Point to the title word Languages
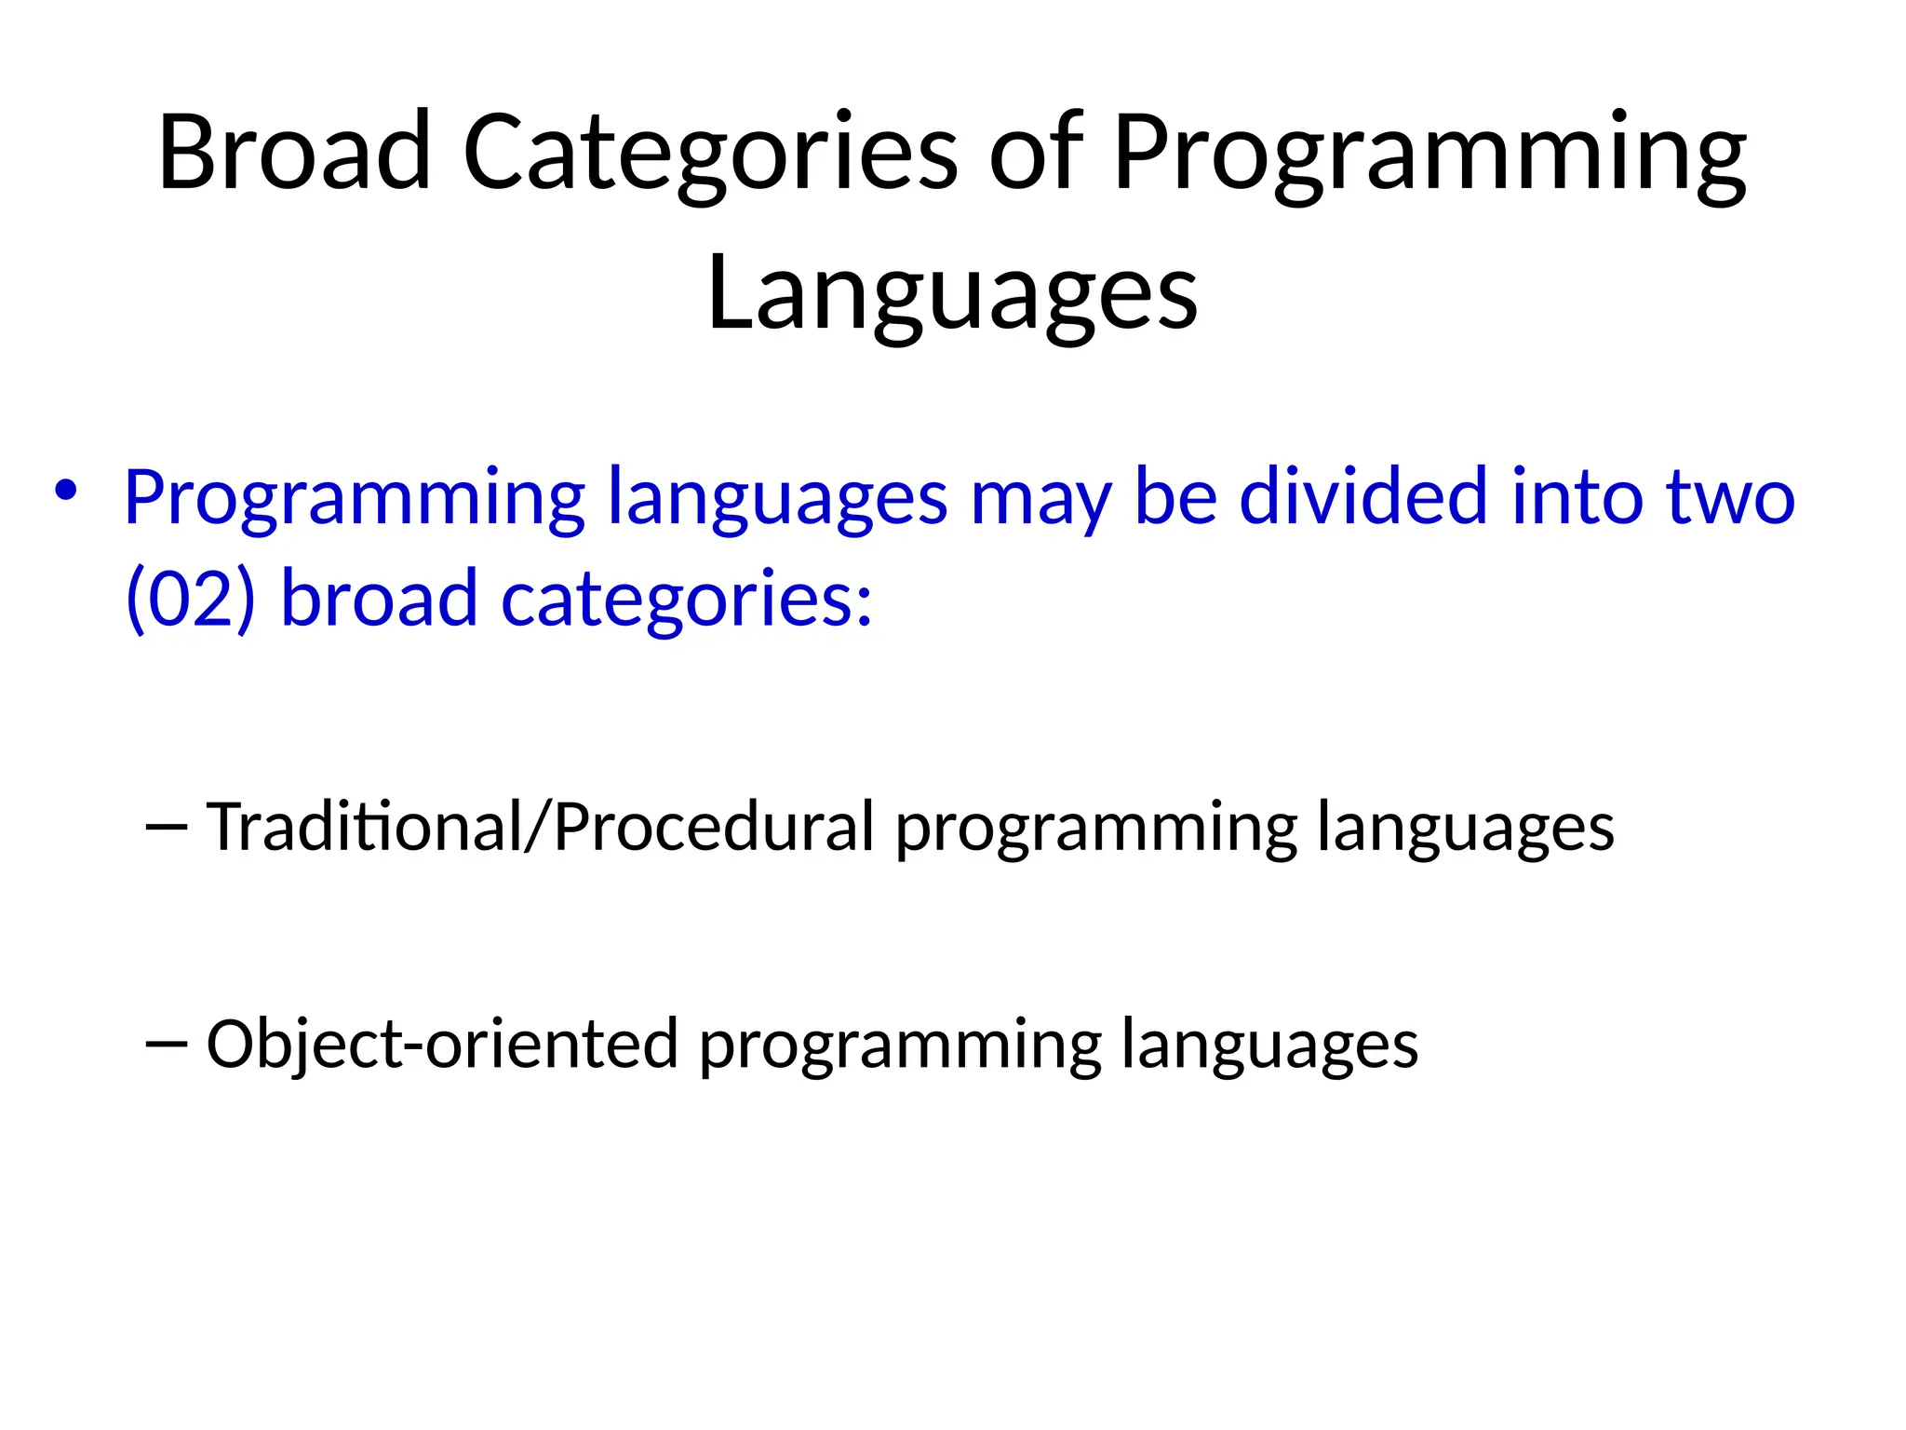952,293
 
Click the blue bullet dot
64,491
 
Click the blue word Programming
354,499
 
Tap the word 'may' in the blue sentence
1040,499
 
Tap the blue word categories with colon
687,600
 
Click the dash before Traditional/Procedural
168,826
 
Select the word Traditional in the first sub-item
363,826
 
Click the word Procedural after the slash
713,826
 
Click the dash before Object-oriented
168,1044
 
